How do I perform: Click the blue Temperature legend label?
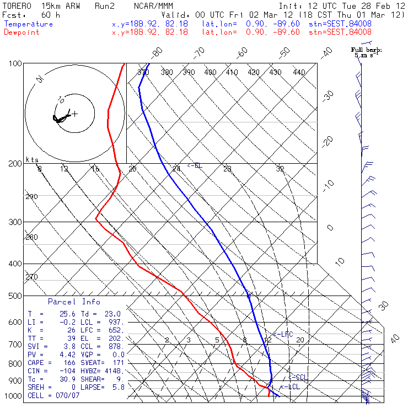[x=29, y=24]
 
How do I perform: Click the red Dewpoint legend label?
[x=23, y=32]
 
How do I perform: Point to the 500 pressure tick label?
[x=15, y=296]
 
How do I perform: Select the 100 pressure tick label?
[x=15, y=64]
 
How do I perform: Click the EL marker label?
[x=195, y=165]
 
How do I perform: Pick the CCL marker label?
[x=298, y=377]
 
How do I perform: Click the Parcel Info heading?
[x=74, y=302]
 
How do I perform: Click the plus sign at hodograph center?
[x=74, y=114]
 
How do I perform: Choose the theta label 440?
[x=299, y=72]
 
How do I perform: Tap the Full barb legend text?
[x=367, y=50]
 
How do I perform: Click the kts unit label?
[x=33, y=160]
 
